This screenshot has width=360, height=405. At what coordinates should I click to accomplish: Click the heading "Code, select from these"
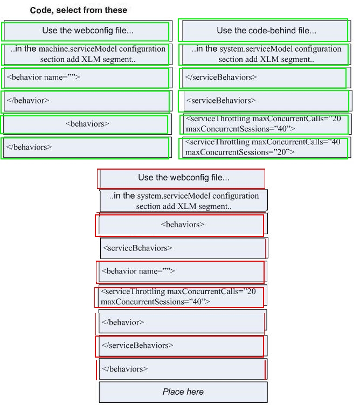point(79,10)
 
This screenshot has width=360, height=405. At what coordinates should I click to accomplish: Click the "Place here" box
point(183,392)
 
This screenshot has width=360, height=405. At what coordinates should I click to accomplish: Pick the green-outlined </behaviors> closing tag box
point(85,148)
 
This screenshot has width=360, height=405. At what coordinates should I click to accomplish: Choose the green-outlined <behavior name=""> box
point(85,78)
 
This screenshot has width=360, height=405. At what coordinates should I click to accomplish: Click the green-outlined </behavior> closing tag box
point(85,101)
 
